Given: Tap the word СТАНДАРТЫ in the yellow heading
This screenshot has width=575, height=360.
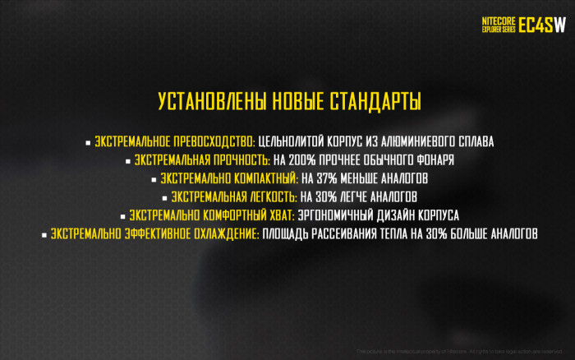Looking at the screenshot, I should pyautogui.click(x=375, y=102).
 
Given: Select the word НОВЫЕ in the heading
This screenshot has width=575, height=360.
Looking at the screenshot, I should pyautogui.click(x=294, y=102).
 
